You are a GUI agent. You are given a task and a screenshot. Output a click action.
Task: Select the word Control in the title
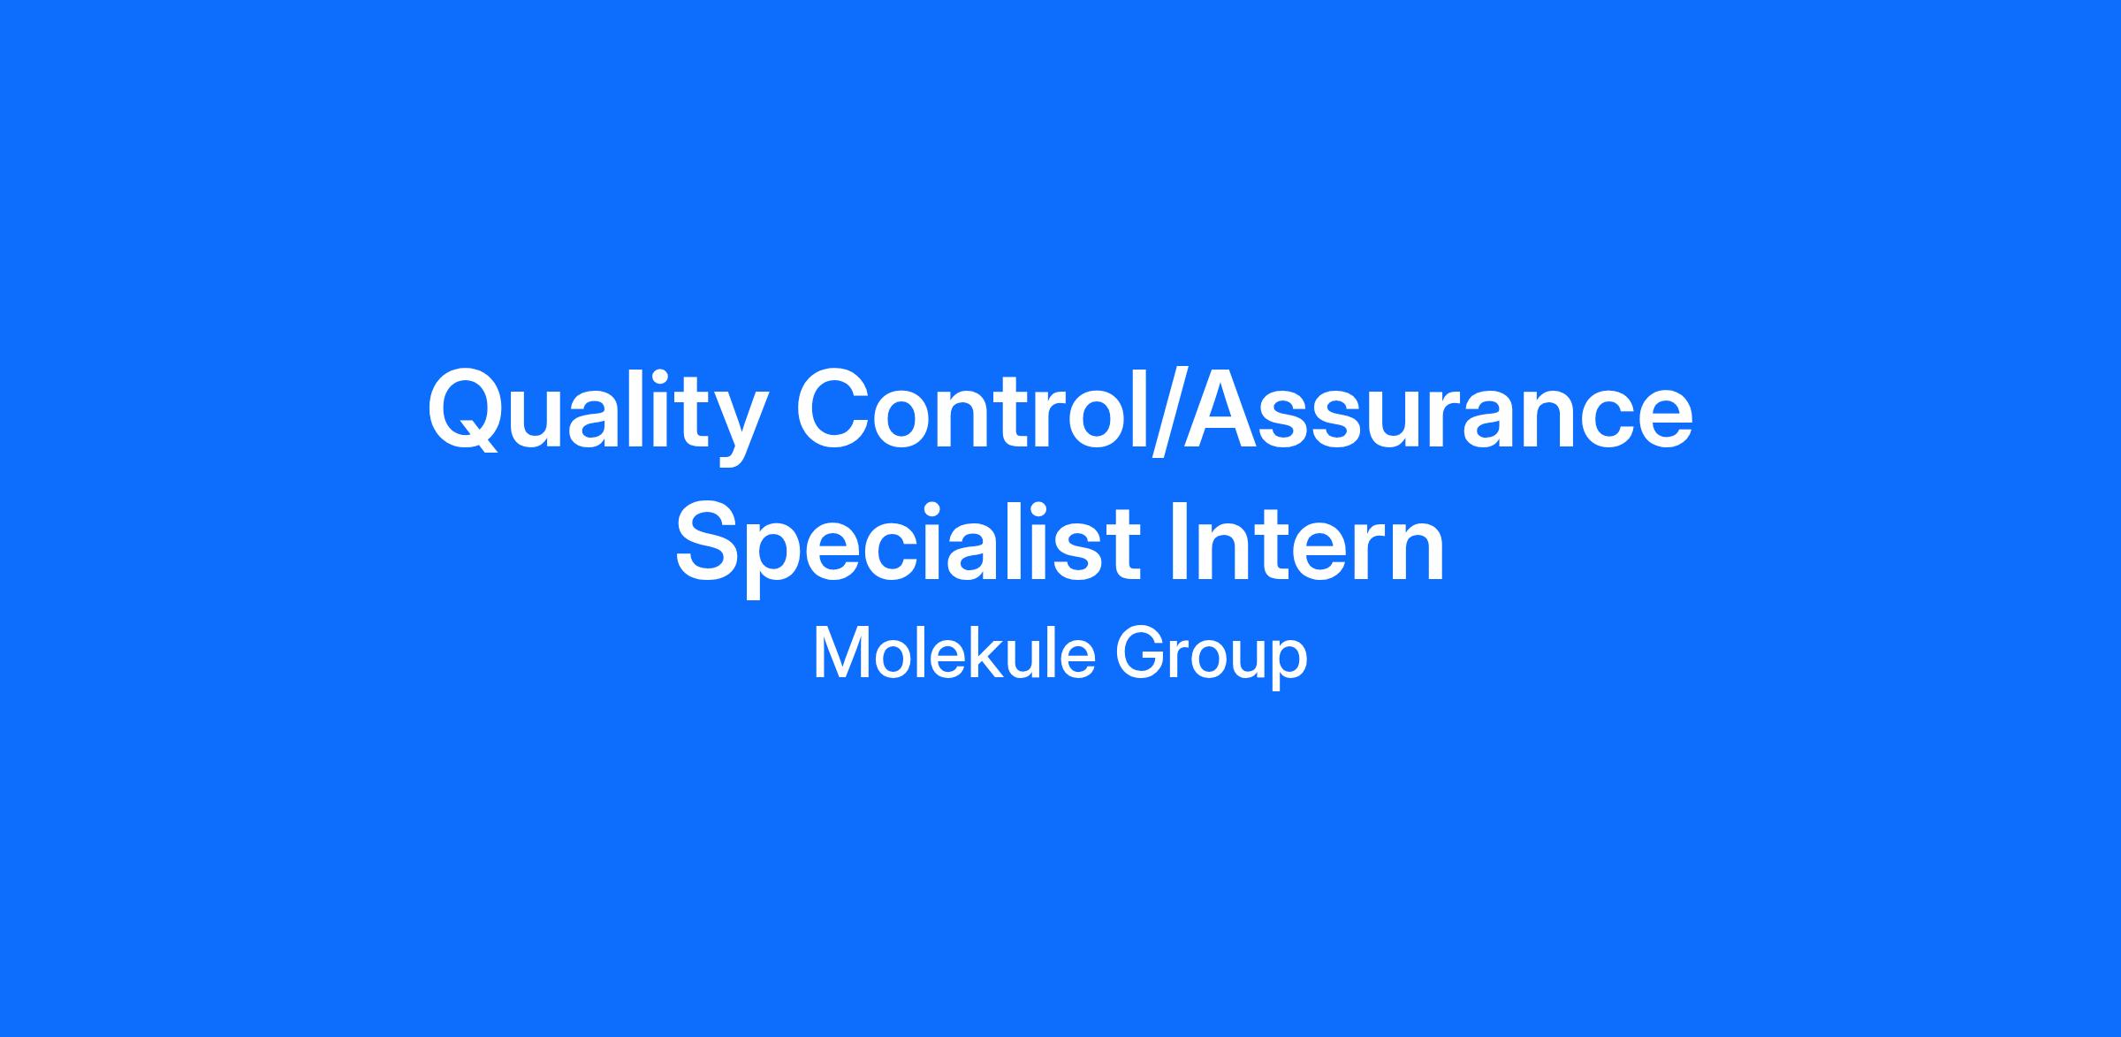coord(972,408)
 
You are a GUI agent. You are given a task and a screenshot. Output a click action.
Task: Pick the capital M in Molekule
coord(839,654)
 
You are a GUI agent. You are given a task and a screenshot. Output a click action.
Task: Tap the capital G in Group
coord(1140,654)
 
